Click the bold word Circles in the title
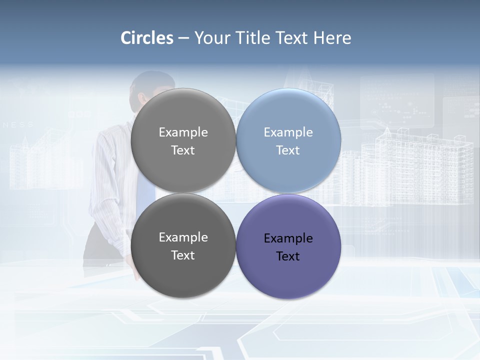146,38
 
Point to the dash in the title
183,38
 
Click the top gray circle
183,140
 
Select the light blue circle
288,140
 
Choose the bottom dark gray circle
183,246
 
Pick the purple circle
288,246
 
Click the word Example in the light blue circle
288,132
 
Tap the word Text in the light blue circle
288,150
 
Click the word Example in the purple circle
288,238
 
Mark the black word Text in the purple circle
288,256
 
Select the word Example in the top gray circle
183,132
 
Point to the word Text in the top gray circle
183,150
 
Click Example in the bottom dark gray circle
183,237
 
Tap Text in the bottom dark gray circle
183,255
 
